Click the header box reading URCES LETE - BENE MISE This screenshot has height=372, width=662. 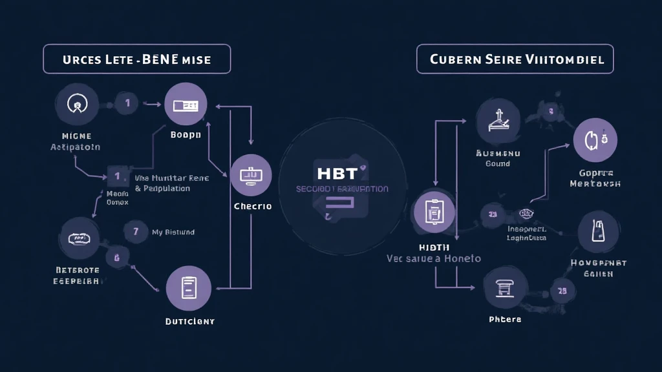[x=136, y=59]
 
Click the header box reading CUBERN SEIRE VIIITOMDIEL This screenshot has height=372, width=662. [x=515, y=59]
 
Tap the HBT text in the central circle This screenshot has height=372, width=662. [x=337, y=172]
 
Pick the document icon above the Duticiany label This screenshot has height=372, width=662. [x=188, y=288]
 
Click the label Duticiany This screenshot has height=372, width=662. [x=189, y=321]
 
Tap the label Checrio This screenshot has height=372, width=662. [x=252, y=207]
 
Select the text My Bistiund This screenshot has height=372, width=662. [x=173, y=232]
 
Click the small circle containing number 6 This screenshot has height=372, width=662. [x=117, y=259]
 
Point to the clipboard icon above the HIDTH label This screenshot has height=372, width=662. [x=433, y=212]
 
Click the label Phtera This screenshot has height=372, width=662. [x=505, y=320]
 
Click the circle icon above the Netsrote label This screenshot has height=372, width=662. [x=80, y=238]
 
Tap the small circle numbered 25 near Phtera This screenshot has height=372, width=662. [x=562, y=291]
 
